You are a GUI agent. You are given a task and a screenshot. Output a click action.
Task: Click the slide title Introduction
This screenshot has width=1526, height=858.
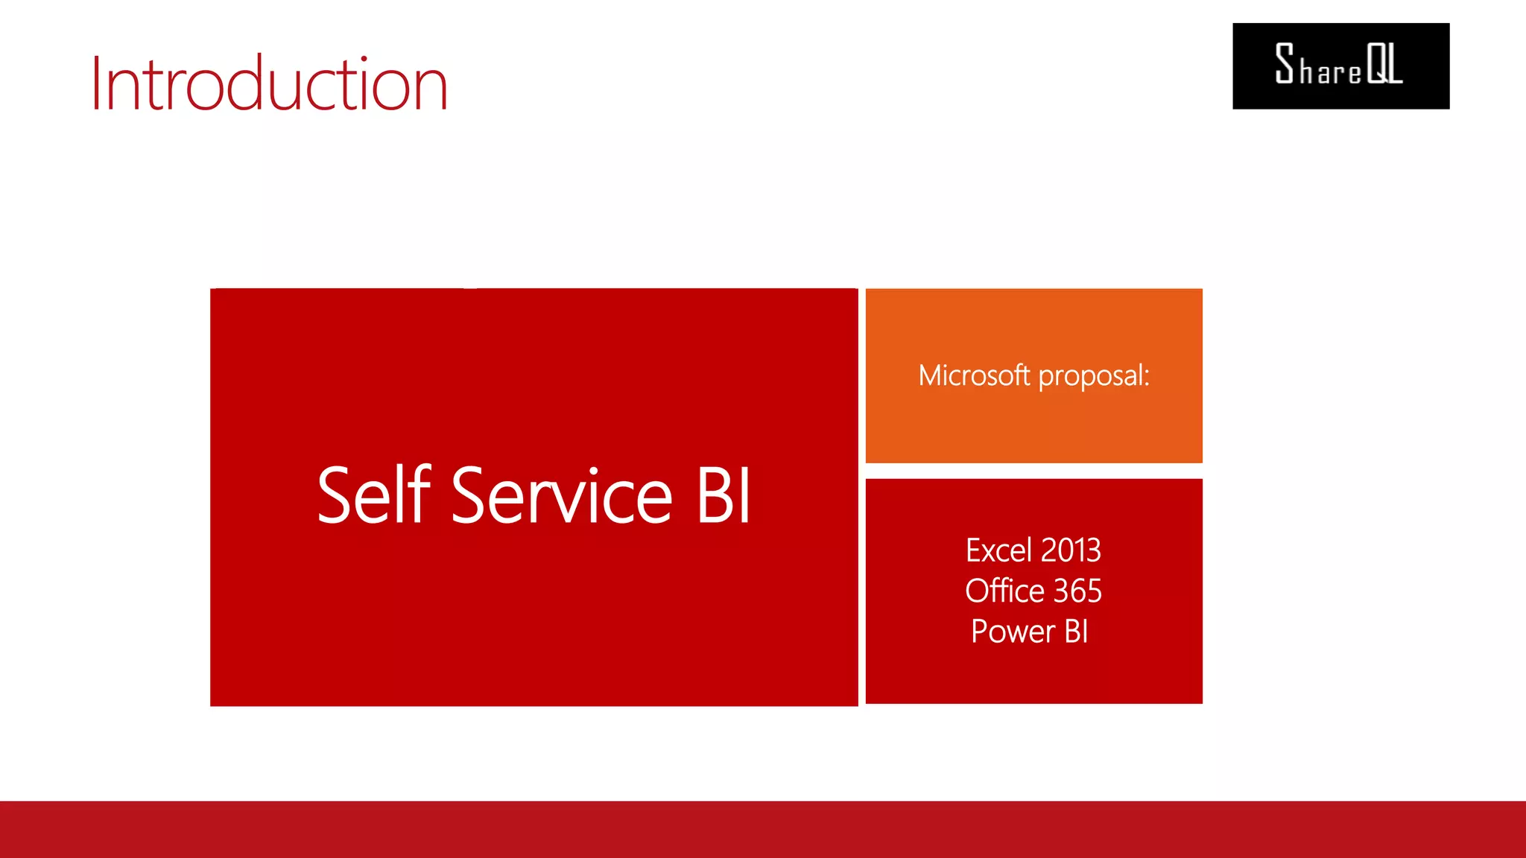pos(269,83)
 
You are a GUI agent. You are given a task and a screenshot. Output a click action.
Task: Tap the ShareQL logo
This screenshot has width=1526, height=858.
pos(1340,66)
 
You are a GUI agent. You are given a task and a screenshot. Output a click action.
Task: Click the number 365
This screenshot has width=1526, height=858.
pos(1077,591)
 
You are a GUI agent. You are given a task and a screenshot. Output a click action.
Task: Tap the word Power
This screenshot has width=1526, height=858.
pos(1013,632)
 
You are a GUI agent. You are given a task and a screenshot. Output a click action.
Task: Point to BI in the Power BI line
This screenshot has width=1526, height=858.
pos(1077,632)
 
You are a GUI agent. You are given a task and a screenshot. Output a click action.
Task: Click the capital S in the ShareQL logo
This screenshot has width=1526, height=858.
pos(1285,63)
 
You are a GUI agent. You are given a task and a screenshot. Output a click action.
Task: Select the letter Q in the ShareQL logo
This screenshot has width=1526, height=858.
pos(1375,64)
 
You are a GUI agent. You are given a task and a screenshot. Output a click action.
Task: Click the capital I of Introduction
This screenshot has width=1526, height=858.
pos(96,83)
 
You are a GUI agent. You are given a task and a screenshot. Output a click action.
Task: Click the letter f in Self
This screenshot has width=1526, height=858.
pos(422,493)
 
